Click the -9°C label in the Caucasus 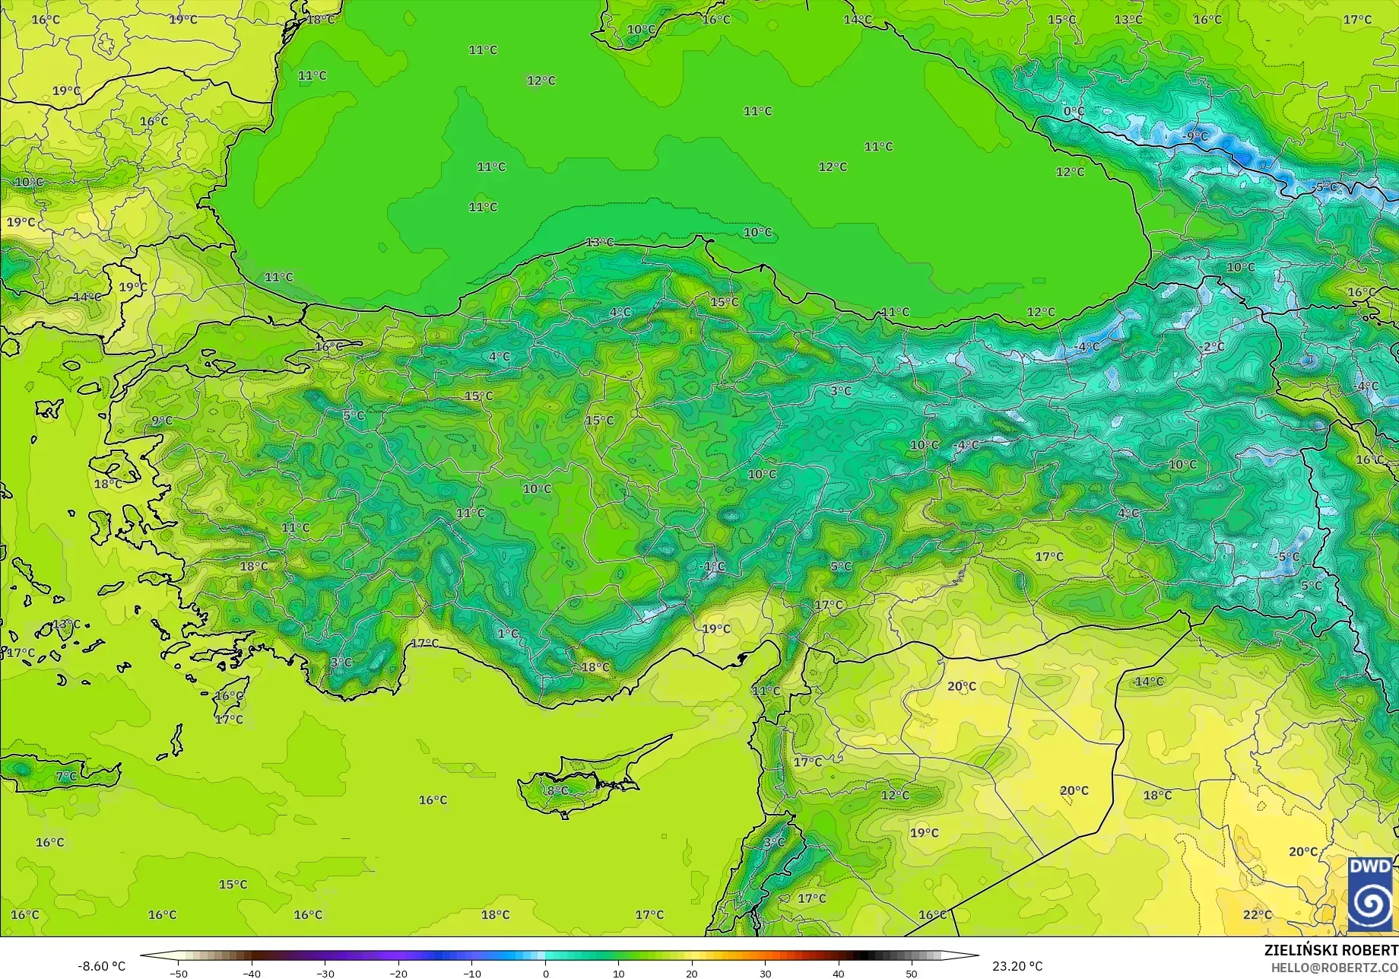tap(1195, 137)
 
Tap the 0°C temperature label tap(1074, 111)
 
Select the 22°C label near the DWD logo tap(1257, 914)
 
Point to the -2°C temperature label tap(1213, 347)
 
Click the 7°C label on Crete tap(66, 776)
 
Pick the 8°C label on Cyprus tap(557, 790)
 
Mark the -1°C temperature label tap(712, 567)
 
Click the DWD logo tap(1370, 895)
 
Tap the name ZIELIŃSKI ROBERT tap(1331, 950)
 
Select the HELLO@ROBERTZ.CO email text tap(1334, 967)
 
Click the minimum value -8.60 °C tap(101, 966)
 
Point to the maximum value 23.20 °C tap(1017, 966)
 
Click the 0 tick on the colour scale tap(545, 973)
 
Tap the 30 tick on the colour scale tap(765, 973)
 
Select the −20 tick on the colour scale tap(398, 973)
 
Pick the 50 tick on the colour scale tap(912, 973)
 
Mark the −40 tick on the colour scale tap(252, 973)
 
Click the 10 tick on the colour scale tap(618, 973)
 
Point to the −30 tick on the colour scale tap(325, 973)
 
